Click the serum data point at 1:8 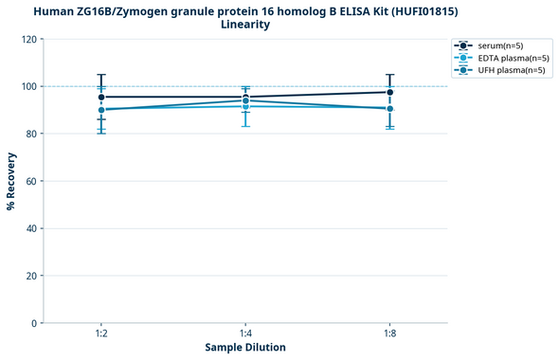click(x=390, y=92)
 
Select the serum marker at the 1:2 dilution click(x=101, y=97)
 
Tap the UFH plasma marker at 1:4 click(x=245, y=100)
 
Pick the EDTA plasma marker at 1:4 click(x=245, y=106)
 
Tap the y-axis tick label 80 click(x=31, y=134)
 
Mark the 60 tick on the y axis click(x=31, y=181)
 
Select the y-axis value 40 click(x=31, y=228)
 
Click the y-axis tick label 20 click(x=31, y=276)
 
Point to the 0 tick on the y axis click(x=34, y=323)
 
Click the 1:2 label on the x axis click(x=101, y=334)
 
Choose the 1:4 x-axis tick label click(x=245, y=334)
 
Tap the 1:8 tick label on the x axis click(x=390, y=334)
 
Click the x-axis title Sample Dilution click(x=245, y=348)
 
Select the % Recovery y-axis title click(x=10, y=181)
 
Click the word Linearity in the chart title click(x=245, y=25)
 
